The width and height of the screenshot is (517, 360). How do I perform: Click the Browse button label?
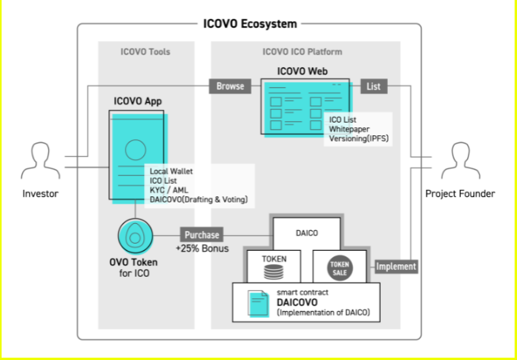click(230, 85)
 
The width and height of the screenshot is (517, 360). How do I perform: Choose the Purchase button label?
click(202, 234)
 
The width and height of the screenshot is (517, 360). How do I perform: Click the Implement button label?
click(396, 267)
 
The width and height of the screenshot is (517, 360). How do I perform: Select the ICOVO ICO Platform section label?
click(305, 52)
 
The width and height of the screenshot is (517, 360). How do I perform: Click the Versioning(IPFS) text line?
click(359, 138)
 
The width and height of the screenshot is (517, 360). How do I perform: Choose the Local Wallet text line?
click(171, 171)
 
